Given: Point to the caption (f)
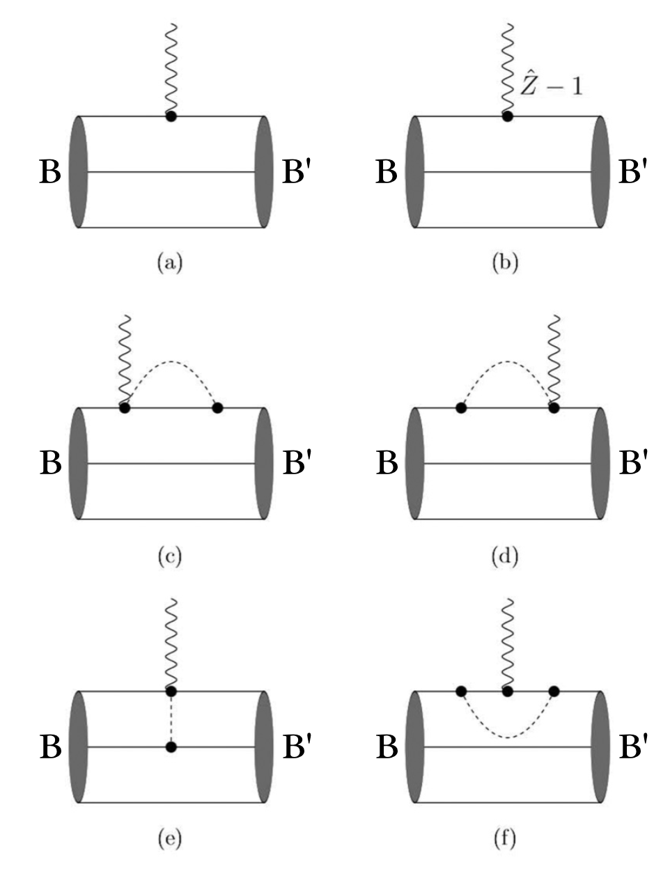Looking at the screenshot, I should point(505,840).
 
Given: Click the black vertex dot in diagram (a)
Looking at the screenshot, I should point(171,116).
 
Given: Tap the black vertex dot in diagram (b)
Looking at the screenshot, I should point(507,116).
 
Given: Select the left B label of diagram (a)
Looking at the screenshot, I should point(50,172).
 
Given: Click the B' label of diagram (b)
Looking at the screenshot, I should point(632,172).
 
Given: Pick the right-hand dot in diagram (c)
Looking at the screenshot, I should point(217,407).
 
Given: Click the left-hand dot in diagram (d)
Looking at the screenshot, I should point(460,407).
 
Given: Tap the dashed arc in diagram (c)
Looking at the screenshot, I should point(171,362).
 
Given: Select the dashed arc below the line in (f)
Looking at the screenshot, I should point(507,737).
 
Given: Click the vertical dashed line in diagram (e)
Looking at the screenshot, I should point(171,719).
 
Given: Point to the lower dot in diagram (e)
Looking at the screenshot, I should point(171,747).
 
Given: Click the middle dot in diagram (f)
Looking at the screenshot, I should point(507,691).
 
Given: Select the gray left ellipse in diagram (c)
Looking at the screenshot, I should point(79,463).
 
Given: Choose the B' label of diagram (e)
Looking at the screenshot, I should point(296,747).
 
